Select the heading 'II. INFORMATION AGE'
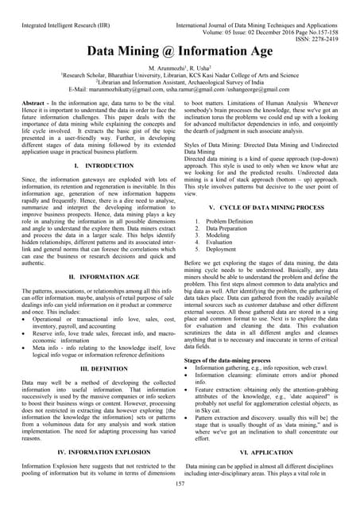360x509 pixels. [x=93, y=276]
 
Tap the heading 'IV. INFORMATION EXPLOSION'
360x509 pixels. [x=93, y=451]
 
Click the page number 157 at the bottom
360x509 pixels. [x=180, y=483]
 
